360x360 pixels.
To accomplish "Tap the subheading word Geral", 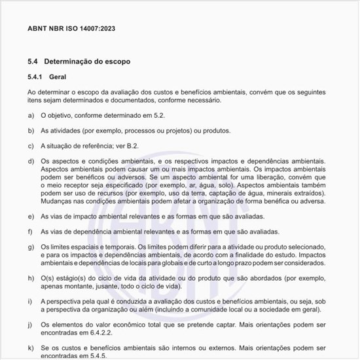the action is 58,77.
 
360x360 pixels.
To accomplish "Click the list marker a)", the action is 31,115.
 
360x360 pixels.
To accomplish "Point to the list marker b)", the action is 31,130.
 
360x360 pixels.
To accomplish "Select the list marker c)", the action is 31,146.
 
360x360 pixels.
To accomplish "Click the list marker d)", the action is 31,161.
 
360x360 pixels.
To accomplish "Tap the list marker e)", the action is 31,216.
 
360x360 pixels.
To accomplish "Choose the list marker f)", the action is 31,232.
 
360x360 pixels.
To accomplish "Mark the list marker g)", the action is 31,246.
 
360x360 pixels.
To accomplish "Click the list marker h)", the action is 31,278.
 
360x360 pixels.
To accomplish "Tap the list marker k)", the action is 31,348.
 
